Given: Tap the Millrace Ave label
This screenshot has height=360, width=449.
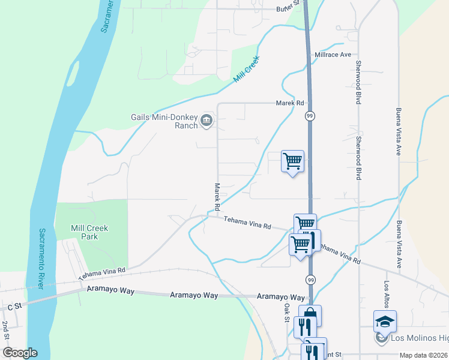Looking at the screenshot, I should coord(333,55).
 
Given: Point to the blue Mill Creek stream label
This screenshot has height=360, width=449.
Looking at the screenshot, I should coord(248,70).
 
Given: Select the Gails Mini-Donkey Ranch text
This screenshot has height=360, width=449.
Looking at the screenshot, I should coord(164,121).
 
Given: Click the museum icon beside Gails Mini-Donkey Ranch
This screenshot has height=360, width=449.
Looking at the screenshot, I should coord(206,121).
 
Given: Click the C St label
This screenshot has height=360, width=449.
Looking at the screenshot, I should coord(14,306).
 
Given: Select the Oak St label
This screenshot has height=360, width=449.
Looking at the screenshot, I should coord(286,313).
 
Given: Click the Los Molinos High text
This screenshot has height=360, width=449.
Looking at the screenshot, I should coord(420,338).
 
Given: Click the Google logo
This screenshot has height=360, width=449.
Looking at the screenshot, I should coord(20,353).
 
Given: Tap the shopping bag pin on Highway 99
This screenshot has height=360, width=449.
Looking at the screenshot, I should coord(310,314).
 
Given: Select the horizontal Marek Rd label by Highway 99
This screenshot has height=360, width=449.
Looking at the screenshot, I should coord(290,103).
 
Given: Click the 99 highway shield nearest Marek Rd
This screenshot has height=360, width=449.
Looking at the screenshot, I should coord(310,115).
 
